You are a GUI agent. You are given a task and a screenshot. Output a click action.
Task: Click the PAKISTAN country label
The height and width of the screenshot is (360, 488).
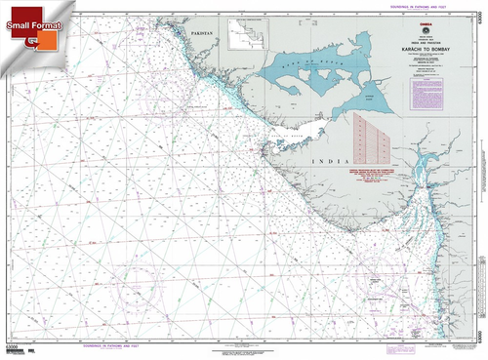coord(203,33)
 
